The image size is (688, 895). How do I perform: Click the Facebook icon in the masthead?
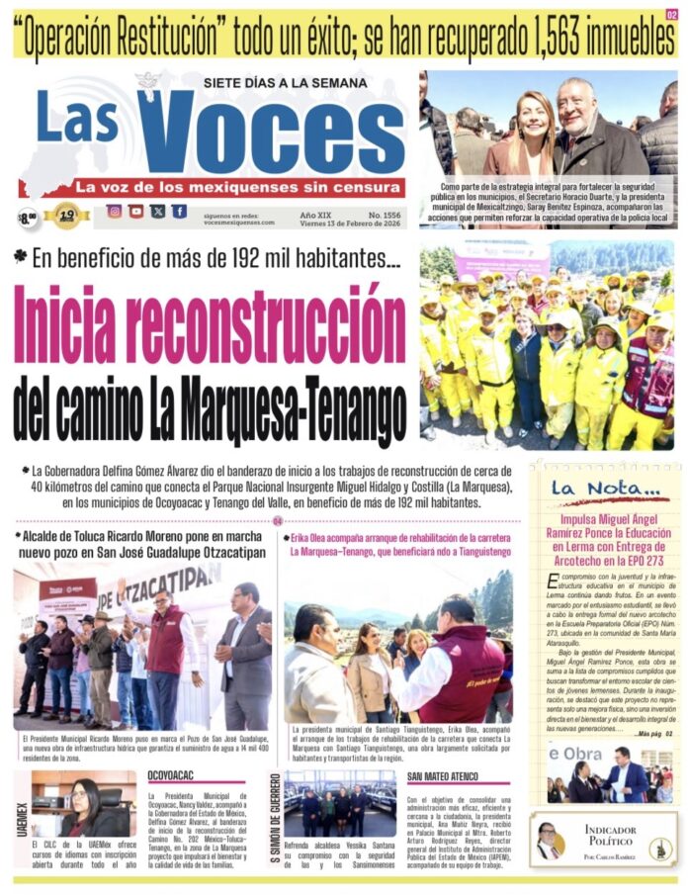[x=179, y=211]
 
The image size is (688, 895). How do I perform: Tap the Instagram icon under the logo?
[x=115, y=211]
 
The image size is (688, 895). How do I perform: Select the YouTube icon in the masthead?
[x=136, y=211]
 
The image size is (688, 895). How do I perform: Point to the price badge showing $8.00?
[x=28, y=217]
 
